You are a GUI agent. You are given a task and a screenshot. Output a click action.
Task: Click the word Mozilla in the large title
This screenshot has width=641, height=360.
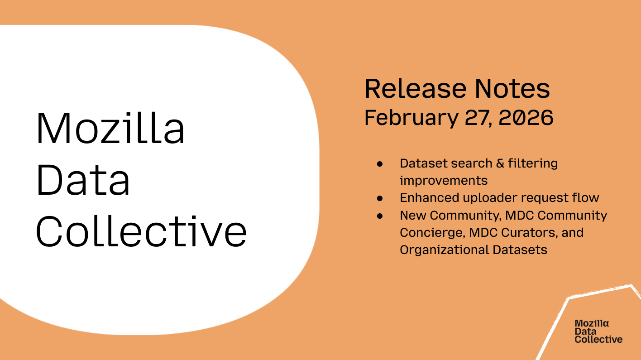tap(110, 129)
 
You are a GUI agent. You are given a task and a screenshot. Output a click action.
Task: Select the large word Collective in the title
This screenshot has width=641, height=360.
tap(141, 231)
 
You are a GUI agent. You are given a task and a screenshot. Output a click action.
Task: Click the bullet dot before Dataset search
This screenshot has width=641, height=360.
tap(380, 163)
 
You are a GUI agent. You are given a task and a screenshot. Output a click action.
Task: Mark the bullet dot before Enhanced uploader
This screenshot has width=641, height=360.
tap(380, 198)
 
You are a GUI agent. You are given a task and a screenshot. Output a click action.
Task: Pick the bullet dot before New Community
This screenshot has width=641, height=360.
tap(380, 216)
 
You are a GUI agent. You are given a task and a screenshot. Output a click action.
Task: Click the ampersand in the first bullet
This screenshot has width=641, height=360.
tap(500, 163)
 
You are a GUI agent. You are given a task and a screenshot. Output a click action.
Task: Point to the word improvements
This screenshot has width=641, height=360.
tap(444, 181)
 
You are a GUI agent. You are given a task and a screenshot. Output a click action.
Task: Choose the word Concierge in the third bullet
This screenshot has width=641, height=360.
tap(432, 233)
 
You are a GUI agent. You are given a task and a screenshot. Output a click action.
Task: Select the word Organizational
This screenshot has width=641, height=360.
tap(441, 250)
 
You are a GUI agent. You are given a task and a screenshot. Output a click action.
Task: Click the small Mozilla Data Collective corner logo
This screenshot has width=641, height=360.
tap(598, 331)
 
